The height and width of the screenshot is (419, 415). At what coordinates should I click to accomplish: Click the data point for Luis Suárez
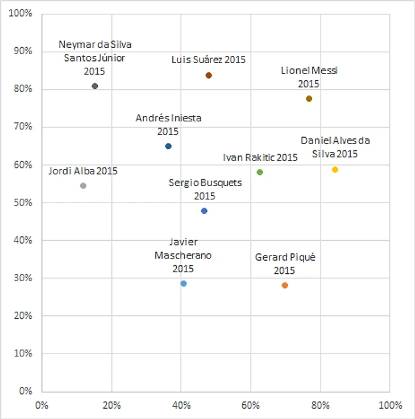(209, 75)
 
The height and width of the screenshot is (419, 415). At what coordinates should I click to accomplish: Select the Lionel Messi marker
(309, 98)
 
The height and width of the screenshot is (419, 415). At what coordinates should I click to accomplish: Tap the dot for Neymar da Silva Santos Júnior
(95, 86)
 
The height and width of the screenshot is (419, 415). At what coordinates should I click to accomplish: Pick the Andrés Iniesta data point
(168, 146)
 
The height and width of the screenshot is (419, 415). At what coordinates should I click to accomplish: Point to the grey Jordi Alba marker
(83, 186)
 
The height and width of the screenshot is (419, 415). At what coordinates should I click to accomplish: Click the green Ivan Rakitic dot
(260, 172)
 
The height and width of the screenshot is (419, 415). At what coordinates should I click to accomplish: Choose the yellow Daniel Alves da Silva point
(335, 170)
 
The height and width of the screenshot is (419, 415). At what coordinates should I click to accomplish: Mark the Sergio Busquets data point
(204, 211)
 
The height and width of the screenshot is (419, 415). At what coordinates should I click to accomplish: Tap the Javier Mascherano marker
(184, 284)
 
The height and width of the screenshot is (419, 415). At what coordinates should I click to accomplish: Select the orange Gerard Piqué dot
(285, 285)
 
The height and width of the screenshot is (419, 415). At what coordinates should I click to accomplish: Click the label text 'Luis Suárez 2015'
(209, 59)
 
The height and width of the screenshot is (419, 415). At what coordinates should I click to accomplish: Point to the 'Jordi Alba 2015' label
(83, 170)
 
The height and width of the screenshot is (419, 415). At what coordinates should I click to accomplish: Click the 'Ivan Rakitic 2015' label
(260, 157)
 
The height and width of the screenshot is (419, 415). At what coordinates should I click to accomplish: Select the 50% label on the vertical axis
(23, 203)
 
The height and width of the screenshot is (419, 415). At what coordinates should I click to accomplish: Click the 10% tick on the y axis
(23, 354)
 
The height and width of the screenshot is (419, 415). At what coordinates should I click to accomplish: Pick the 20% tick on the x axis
(111, 405)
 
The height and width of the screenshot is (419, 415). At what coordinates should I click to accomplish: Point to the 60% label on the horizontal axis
(251, 405)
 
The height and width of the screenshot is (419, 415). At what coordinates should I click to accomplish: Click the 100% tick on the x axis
(389, 405)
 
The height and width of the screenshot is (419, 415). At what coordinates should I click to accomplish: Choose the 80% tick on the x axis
(320, 405)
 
